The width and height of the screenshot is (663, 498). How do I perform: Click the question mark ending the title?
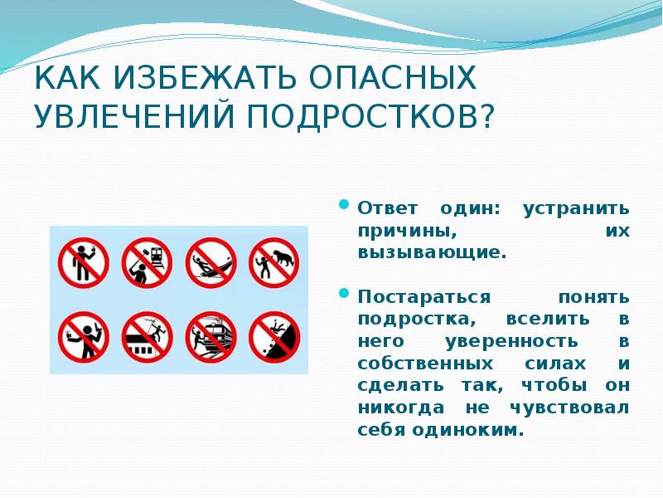[x=483, y=115]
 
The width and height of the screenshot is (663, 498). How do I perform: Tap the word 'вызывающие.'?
[x=432, y=252]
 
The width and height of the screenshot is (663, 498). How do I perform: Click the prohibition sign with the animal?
[x=273, y=259]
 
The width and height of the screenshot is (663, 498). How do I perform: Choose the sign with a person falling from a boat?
[x=209, y=259]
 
